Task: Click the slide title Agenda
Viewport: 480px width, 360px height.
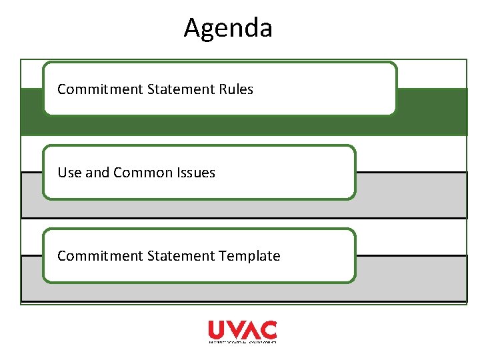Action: click(x=228, y=28)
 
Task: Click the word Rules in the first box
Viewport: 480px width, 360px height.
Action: click(x=236, y=89)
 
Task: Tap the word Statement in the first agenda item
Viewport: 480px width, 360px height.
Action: click(x=173, y=89)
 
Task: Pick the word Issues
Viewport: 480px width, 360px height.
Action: click(x=196, y=173)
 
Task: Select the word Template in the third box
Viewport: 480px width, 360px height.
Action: click(x=249, y=256)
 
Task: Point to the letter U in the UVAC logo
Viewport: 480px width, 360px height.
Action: click(x=217, y=329)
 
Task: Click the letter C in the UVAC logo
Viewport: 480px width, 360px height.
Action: click(x=269, y=329)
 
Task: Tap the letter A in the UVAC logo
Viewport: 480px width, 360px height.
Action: click(x=251, y=329)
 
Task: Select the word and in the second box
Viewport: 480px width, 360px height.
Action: click(x=97, y=173)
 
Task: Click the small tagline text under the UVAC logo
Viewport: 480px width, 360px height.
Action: click(x=242, y=341)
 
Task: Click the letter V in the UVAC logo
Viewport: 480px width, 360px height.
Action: click(x=234, y=329)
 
